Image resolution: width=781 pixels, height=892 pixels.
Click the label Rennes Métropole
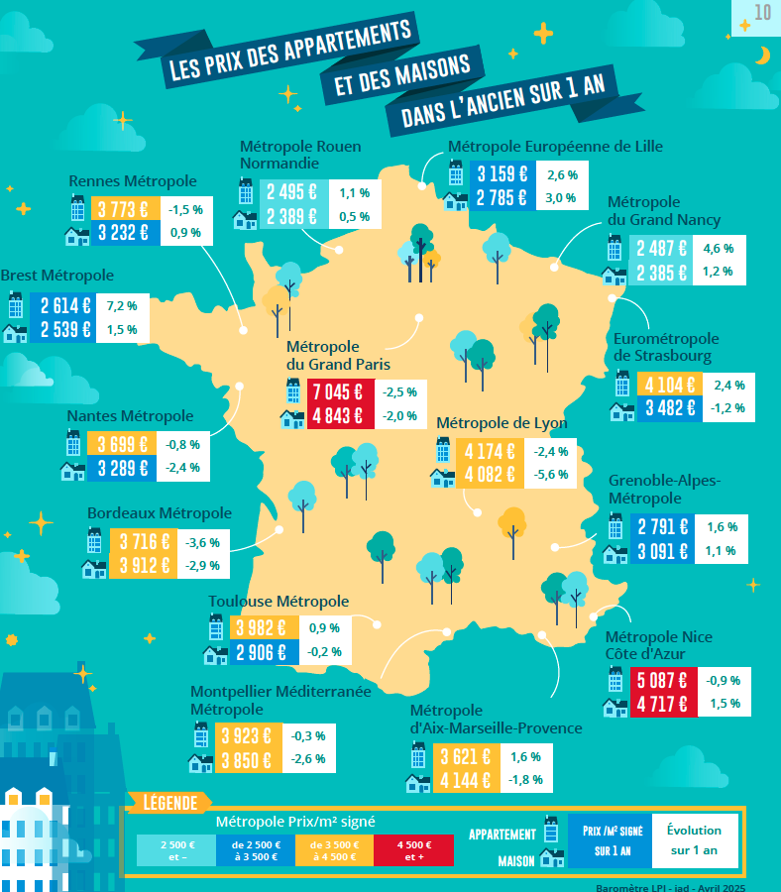pyautogui.click(x=133, y=181)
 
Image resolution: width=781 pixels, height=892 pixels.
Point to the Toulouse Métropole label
pyautogui.click(x=279, y=602)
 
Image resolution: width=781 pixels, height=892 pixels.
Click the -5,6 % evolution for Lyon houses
pyautogui.click(x=550, y=475)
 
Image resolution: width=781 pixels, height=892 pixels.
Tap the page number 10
pyautogui.click(x=762, y=13)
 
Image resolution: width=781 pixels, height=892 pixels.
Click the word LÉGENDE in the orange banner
pyautogui.click(x=170, y=803)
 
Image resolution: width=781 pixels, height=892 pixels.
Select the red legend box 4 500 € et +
pyautogui.click(x=413, y=850)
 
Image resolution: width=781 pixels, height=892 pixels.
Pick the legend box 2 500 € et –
pyautogui.click(x=176, y=850)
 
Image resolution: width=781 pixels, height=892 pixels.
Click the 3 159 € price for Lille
pyautogui.click(x=500, y=174)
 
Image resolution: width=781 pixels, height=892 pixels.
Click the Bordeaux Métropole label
pyautogui.click(x=160, y=513)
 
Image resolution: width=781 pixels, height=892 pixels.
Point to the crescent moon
pyautogui.click(x=761, y=56)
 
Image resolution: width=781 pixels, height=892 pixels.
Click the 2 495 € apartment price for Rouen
pyautogui.click(x=291, y=193)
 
